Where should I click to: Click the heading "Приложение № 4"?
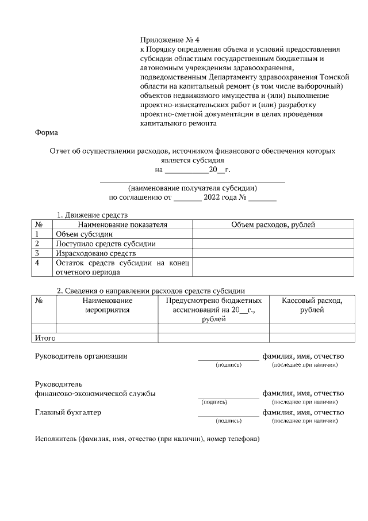(x=170, y=40)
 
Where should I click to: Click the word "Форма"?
(x=47, y=133)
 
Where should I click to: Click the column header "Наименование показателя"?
(x=123, y=225)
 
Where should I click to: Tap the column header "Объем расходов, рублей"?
(x=273, y=225)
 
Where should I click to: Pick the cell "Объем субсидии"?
(x=84, y=234)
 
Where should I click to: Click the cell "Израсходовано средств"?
(x=95, y=253)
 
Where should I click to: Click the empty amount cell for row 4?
(x=273, y=268)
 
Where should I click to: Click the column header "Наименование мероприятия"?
(x=108, y=305)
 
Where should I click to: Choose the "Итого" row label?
(x=45, y=338)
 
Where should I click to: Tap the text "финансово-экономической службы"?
(x=95, y=393)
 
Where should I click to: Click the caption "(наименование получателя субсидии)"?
(x=193, y=188)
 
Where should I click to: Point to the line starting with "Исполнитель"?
(x=148, y=439)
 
